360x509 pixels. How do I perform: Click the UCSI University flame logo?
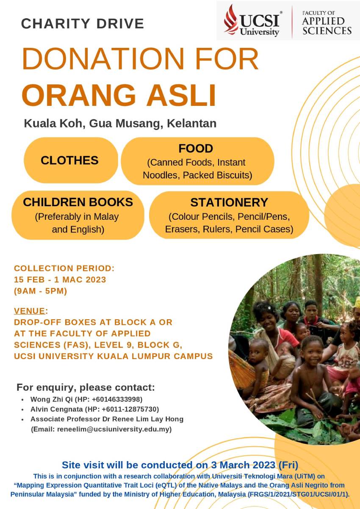(231, 19)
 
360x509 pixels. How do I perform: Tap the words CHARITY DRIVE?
(83, 24)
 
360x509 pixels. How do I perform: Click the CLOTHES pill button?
(71, 160)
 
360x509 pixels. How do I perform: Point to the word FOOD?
(196, 149)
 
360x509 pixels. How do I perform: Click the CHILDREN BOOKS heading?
(78, 202)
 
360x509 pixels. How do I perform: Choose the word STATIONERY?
(229, 202)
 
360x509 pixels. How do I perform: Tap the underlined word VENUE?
(30, 311)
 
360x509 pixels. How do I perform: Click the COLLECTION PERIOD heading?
(64, 268)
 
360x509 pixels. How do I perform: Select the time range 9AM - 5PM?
(41, 291)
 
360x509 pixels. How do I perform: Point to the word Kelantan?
(191, 123)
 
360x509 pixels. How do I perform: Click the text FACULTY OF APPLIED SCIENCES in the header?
(327, 23)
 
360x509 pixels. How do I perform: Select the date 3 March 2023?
(243, 465)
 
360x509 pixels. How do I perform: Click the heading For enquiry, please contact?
(86, 387)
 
